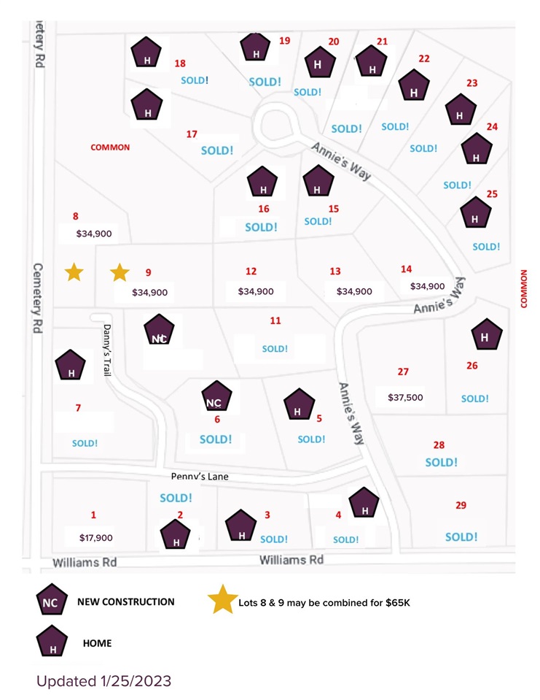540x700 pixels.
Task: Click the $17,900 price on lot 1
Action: pos(95,538)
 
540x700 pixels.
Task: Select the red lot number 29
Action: pos(461,505)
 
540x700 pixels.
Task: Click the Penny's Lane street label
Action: pos(200,477)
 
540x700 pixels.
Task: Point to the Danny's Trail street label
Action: pos(106,350)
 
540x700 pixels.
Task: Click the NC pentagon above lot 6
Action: pos(214,397)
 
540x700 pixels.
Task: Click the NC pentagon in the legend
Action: pos(51,601)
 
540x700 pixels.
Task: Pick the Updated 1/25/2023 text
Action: pos(104,681)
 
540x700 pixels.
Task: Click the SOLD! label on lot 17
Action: pos(217,150)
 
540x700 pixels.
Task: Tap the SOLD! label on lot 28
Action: pos(441,462)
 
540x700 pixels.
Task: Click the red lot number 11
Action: pos(275,320)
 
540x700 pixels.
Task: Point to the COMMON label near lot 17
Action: pos(110,147)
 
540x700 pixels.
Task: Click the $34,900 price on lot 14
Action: pos(427,286)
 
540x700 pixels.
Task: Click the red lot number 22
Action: pos(424,58)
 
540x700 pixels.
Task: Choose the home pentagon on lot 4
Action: pos(364,504)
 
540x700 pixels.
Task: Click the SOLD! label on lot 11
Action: pos(275,349)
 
